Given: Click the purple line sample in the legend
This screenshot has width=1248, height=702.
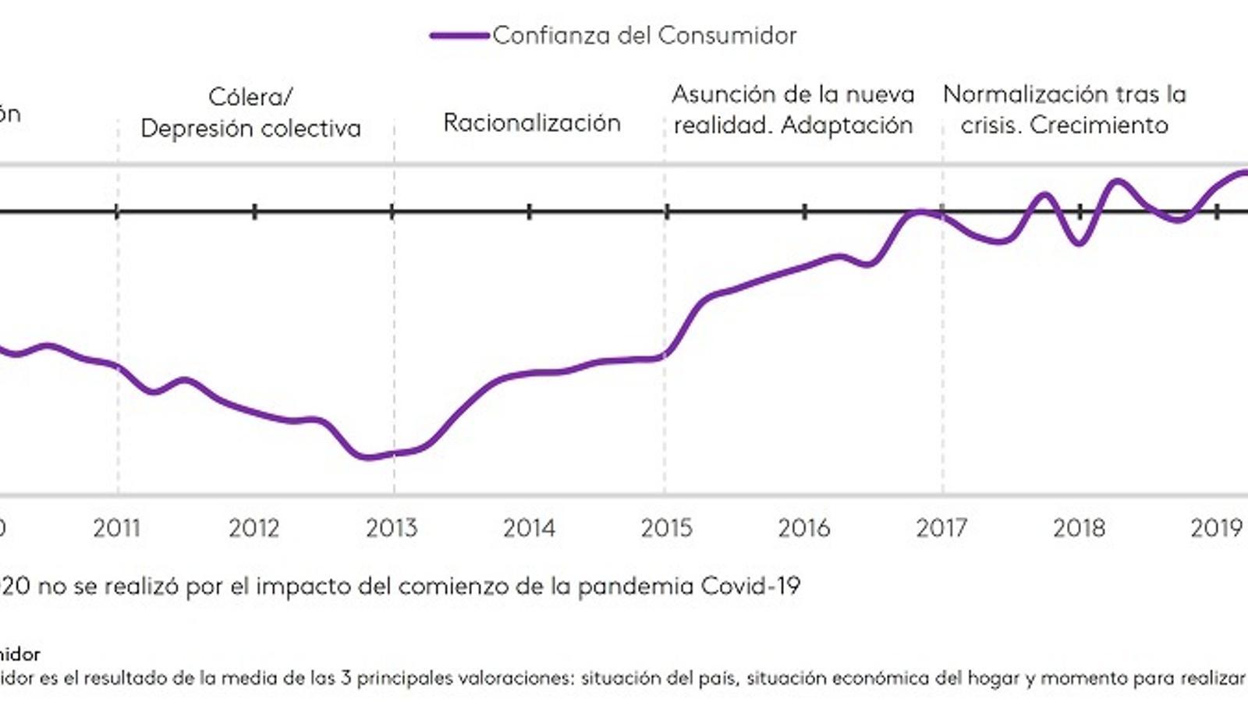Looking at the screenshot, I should tap(460, 36).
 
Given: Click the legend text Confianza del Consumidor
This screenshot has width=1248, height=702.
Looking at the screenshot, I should tap(644, 35).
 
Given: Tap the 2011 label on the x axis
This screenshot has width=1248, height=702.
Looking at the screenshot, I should tap(116, 528).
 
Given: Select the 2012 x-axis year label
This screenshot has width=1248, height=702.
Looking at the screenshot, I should tap(253, 528).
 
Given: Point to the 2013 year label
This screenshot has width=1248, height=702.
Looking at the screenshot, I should tap(392, 528).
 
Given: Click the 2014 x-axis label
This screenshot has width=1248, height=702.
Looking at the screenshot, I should tap(529, 528).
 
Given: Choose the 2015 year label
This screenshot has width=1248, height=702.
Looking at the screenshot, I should tap(666, 528).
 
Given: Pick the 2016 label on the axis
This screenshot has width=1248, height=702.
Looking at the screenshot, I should tap(803, 528).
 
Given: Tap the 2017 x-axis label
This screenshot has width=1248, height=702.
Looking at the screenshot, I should tap(941, 528).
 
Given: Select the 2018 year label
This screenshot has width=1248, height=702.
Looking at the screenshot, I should tap(1079, 528).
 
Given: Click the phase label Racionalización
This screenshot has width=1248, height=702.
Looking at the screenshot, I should tap(532, 122).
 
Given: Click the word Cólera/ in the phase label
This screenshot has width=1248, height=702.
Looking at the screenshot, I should tap(250, 97).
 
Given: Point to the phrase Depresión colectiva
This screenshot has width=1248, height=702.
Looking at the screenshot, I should tap(250, 128).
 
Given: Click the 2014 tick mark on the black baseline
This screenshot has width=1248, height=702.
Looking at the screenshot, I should tap(530, 211).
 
